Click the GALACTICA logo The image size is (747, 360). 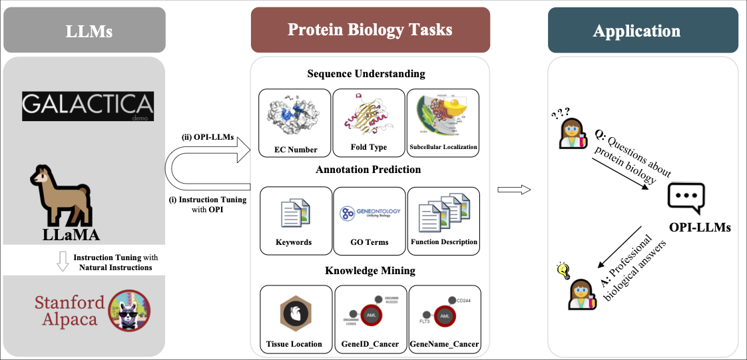(x=87, y=106)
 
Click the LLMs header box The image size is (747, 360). (x=84, y=31)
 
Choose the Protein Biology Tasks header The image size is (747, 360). (x=370, y=30)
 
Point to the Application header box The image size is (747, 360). (x=642, y=31)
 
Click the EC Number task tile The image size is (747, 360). (x=294, y=123)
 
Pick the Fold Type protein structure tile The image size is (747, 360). (x=368, y=123)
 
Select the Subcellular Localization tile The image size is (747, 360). (x=443, y=123)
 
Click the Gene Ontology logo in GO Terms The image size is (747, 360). (x=370, y=213)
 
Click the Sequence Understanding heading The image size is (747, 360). (x=366, y=74)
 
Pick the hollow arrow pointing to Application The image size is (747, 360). (x=514, y=190)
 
